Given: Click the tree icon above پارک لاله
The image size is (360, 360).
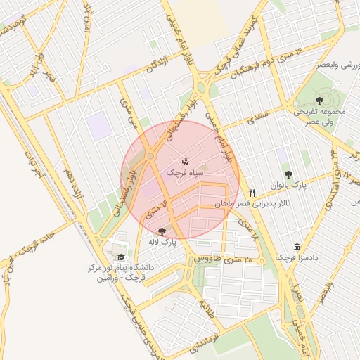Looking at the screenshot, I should click(162, 231).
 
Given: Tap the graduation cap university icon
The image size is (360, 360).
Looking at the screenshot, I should click(121, 257).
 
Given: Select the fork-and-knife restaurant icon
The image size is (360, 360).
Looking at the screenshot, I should click(251, 192).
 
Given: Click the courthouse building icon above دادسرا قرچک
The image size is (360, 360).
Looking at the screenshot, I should click(298, 247).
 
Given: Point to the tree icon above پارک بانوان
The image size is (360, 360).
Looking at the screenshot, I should click(288, 174).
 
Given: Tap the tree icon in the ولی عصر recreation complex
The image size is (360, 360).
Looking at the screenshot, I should click(320, 101).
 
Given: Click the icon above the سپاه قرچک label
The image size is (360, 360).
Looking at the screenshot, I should click(185, 162).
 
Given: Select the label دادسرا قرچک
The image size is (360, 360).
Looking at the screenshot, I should click(295, 258).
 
